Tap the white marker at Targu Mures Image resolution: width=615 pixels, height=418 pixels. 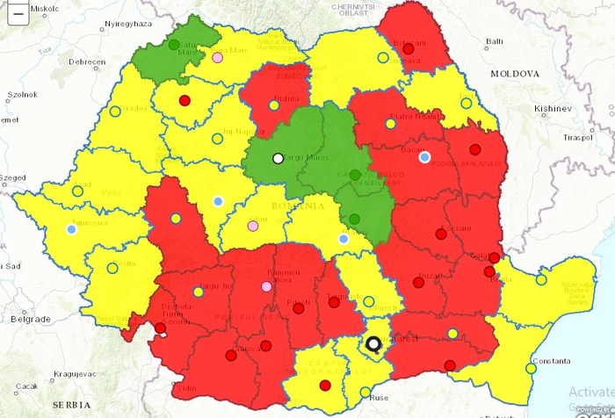278,158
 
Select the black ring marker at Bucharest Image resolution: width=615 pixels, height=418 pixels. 374,343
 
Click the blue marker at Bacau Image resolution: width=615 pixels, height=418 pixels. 425,157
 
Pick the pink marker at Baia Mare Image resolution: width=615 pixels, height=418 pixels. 218,58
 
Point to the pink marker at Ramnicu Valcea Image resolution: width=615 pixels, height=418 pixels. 267,286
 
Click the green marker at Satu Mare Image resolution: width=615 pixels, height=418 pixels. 174,45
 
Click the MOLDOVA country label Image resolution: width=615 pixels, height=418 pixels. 515,75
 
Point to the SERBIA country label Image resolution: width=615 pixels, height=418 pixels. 71,405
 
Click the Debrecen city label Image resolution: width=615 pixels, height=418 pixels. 87,62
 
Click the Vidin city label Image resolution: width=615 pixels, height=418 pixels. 185,387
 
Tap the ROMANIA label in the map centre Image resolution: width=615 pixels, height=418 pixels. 293,205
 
